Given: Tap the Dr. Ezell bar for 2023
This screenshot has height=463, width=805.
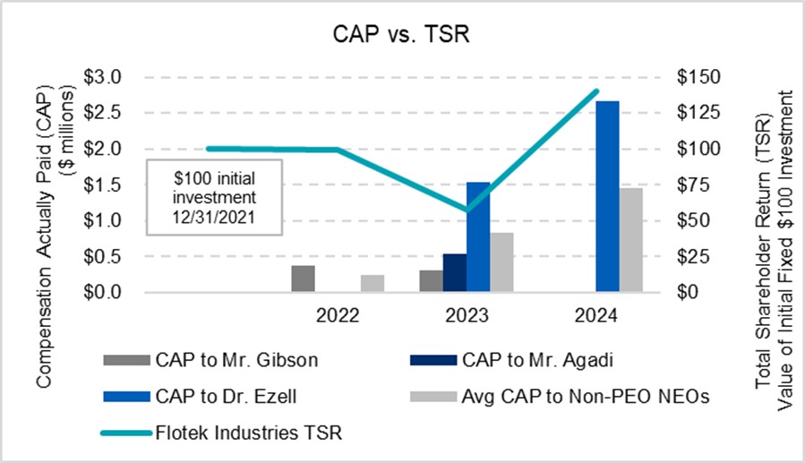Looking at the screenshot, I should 478,237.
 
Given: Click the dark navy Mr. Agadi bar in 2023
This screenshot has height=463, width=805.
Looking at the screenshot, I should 455,273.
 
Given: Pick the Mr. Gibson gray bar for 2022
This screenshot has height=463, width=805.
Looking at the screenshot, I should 304,279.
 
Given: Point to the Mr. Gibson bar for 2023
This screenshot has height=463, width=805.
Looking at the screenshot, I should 432,281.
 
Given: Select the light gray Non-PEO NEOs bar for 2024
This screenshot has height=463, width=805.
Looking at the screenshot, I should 631,240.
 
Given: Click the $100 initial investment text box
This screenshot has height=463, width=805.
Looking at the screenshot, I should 214,197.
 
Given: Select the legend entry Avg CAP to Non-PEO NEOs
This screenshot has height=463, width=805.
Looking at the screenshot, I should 586,397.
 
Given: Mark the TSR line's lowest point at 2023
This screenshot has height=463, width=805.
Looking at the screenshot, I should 467,210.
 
